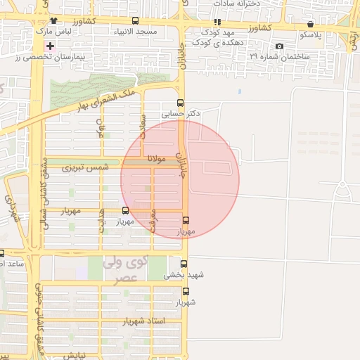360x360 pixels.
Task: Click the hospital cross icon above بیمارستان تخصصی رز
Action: tap(49, 46)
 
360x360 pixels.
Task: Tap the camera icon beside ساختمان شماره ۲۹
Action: tap(280, 46)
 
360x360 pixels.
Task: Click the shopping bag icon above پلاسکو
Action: tap(310, 23)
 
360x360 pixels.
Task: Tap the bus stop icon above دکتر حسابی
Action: tap(181, 102)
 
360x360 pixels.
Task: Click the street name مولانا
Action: tap(156, 160)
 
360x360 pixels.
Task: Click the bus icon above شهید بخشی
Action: tap(184, 264)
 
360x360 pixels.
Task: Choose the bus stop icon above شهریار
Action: tap(186, 291)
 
